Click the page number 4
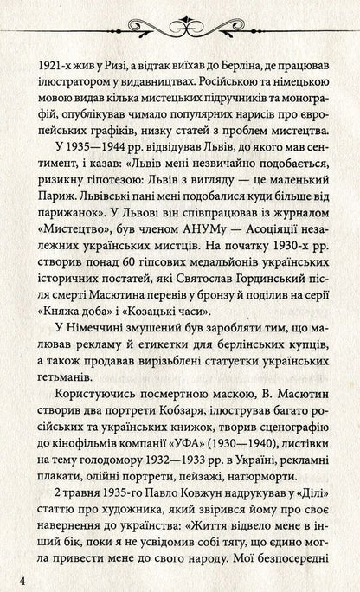click(10, 576)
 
